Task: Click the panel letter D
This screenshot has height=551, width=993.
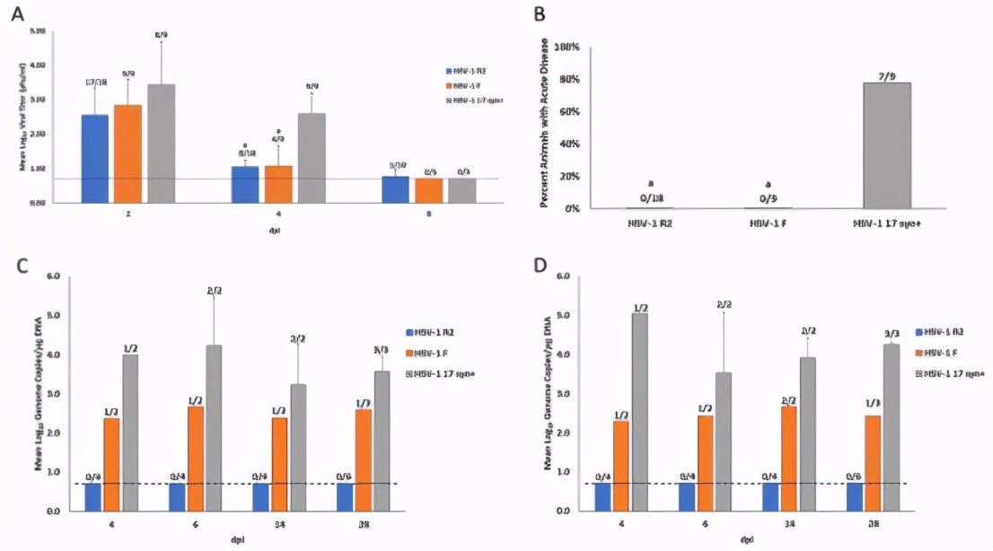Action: coord(540,267)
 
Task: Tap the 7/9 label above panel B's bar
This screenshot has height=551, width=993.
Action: coord(886,76)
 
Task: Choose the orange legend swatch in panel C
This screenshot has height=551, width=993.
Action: coord(409,352)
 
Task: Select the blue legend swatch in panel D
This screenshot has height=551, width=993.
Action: coord(920,332)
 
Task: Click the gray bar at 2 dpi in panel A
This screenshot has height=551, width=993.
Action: coord(161,144)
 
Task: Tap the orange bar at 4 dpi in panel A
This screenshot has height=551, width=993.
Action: coord(278,184)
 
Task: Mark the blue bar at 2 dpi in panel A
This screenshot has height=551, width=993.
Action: coord(94,158)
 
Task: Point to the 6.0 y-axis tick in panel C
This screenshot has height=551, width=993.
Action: coord(54,276)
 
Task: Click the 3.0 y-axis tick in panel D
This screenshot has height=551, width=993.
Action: coord(564,393)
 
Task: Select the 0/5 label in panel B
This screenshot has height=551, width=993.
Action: coord(743,198)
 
